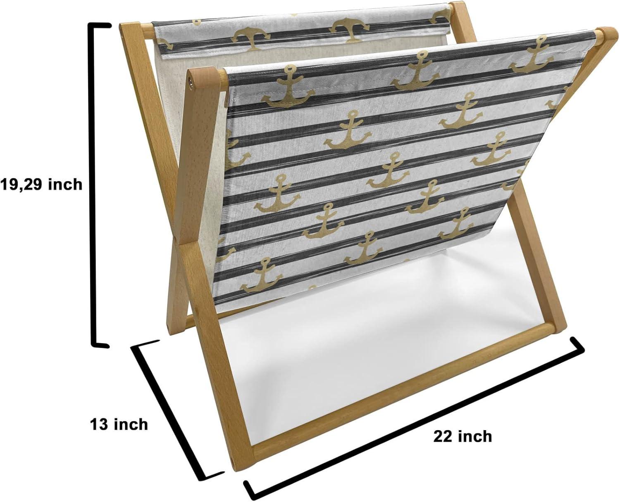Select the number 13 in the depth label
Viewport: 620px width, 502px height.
pos(100,424)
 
